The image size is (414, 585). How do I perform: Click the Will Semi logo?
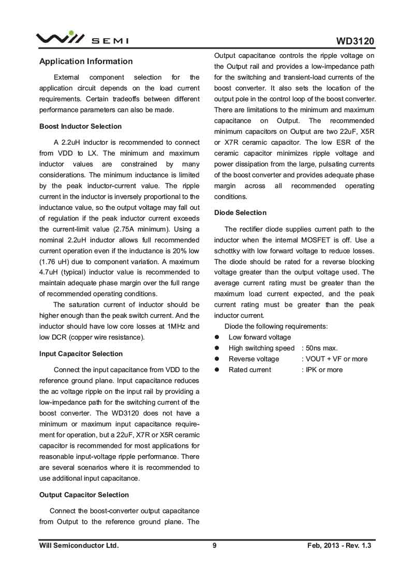tap(82, 38)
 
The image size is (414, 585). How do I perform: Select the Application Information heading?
tap(86, 61)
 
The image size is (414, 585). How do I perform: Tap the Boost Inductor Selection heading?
tap(80, 127)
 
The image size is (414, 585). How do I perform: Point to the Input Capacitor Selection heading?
tap(81, 354)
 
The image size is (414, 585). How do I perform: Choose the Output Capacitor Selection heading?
tap(84, 495)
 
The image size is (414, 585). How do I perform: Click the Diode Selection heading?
tap(240, 213)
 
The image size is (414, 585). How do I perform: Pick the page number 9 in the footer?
tap(214, 546)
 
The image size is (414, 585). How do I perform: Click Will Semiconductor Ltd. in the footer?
tap(79, 546)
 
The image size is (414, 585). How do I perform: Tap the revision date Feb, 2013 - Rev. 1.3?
tap(339, 546)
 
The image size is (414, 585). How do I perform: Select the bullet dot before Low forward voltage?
tap(218, 337)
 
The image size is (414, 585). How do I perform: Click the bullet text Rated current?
tap(249, 370)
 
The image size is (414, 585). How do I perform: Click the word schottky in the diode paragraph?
tap(230, 251)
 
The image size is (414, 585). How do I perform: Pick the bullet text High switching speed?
tap(261, 348)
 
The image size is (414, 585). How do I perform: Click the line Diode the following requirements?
tap(276, 327)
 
